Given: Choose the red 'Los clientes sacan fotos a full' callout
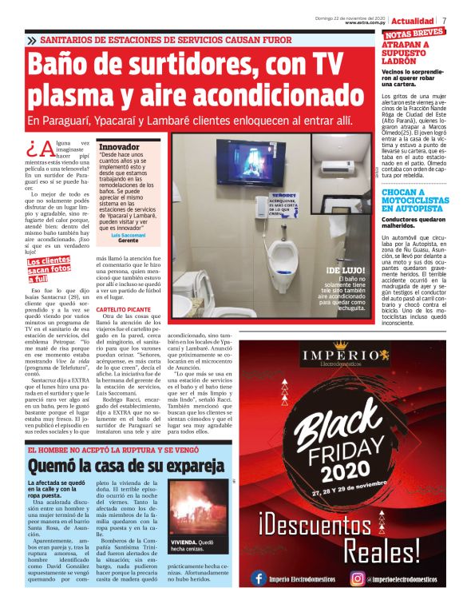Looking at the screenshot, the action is click(x=49, y=270).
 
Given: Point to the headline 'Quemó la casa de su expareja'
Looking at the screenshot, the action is click(x=126, y=465).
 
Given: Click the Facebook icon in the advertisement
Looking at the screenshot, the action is click(x=259, y=578).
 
